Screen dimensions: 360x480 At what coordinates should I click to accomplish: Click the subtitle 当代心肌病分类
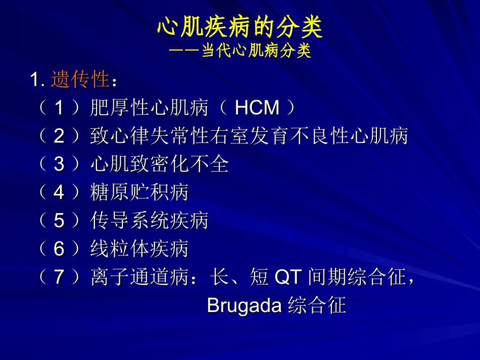click(256, 52)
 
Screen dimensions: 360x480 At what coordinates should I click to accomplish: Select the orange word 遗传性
click(80, 80)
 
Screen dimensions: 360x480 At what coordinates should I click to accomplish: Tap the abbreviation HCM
click(257, 108)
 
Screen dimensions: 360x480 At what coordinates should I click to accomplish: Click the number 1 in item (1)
click(60, 108)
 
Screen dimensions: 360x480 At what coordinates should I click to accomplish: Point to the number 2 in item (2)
click(60, 136)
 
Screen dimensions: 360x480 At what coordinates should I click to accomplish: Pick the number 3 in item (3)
click(60, 164)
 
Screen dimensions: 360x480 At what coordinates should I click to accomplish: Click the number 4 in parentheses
click(60, 192)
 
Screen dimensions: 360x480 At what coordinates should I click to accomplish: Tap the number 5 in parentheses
click(60, 221)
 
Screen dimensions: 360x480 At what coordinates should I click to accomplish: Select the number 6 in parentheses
click(60, 249)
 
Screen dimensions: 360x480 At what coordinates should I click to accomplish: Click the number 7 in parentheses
click(60, 277)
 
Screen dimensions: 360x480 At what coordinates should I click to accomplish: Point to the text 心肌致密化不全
click(160, 164)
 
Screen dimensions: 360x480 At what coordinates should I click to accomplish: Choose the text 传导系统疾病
click(150, 221)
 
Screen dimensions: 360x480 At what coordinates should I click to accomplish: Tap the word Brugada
click(244, 306)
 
